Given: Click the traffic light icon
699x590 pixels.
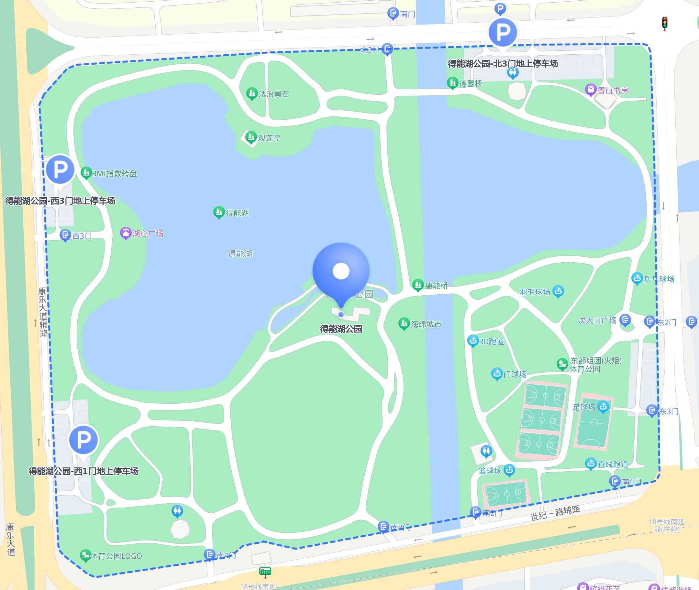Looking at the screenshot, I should click(x=664, y=23).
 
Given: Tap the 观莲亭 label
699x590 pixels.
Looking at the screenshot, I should click(x=269, y=138).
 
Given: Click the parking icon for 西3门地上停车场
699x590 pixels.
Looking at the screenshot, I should click(x=60, y=169).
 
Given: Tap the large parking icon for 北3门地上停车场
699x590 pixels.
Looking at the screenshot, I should click(x=503, y=32).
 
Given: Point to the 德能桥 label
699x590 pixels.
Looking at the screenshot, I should click(x=436, y=286).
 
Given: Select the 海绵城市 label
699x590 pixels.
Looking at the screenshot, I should click(x=426, y=324).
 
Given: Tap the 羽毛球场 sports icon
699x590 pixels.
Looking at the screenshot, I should click(x=558, y=291).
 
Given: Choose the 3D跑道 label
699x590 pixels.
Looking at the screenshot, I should click(x=492, y=342).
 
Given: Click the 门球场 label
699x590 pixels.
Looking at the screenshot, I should click(x=515, y=374).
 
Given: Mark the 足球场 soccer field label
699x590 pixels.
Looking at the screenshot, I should click(x=584, y=407).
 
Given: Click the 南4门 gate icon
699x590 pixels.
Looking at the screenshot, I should click(x=209, y=554).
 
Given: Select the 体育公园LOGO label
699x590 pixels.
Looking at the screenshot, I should click(x=116, y=556).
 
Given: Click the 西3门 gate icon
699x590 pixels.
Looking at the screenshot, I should click(x=65, y=235).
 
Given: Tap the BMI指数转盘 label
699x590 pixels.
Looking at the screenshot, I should click(x=115, y=174).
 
